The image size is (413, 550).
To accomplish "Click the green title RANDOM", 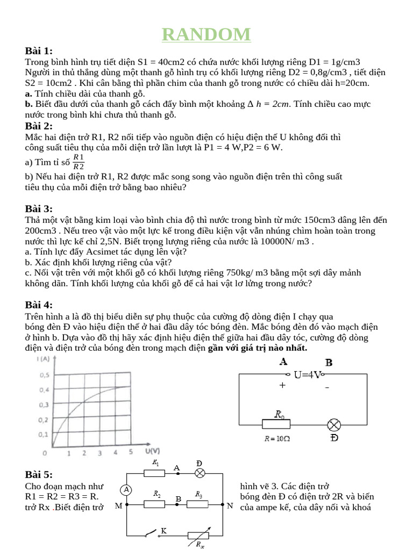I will [x=206, y=34].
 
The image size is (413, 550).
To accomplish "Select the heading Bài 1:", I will [x=39, y=51].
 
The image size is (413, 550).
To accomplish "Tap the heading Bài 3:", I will [x=39, y=209].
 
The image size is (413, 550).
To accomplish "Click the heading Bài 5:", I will [x=39, y=474].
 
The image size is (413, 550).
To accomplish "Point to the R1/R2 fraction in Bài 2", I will [x=79, y=161].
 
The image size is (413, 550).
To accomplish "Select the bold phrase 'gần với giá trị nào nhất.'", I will [x=258, y=348].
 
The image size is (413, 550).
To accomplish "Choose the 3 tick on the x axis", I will [x=100, y=453].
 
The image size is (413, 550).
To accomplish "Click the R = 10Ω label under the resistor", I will [x=277, y=438].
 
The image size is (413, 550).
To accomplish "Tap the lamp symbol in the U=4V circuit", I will [x=334, y=425].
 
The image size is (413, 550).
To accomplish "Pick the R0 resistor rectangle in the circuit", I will [x=276, y=424].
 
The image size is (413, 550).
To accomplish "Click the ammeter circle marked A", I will [x=126, y=489].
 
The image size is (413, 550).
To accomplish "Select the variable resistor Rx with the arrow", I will [x=198, y=535].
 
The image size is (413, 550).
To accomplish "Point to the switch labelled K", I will [x=156, y=533].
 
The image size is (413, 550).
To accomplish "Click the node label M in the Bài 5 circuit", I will [x=118, y=506].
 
